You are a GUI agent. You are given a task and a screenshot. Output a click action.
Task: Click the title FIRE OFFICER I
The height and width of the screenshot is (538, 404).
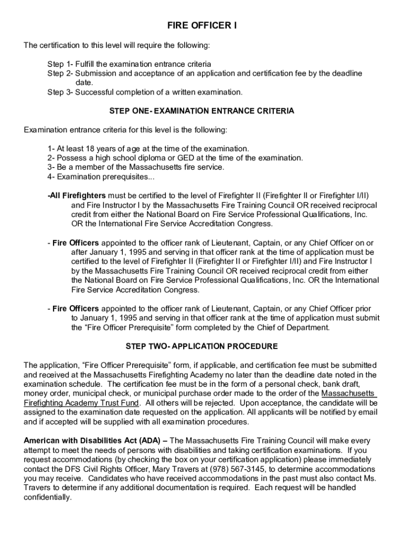(202, 26)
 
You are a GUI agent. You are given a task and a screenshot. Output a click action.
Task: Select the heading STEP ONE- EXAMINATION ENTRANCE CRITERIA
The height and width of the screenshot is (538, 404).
(202, 111)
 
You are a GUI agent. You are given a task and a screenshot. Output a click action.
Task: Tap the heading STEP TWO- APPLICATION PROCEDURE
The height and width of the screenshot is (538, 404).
(202, 346)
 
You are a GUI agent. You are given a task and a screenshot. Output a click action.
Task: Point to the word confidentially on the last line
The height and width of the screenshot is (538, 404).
(47, 497)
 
